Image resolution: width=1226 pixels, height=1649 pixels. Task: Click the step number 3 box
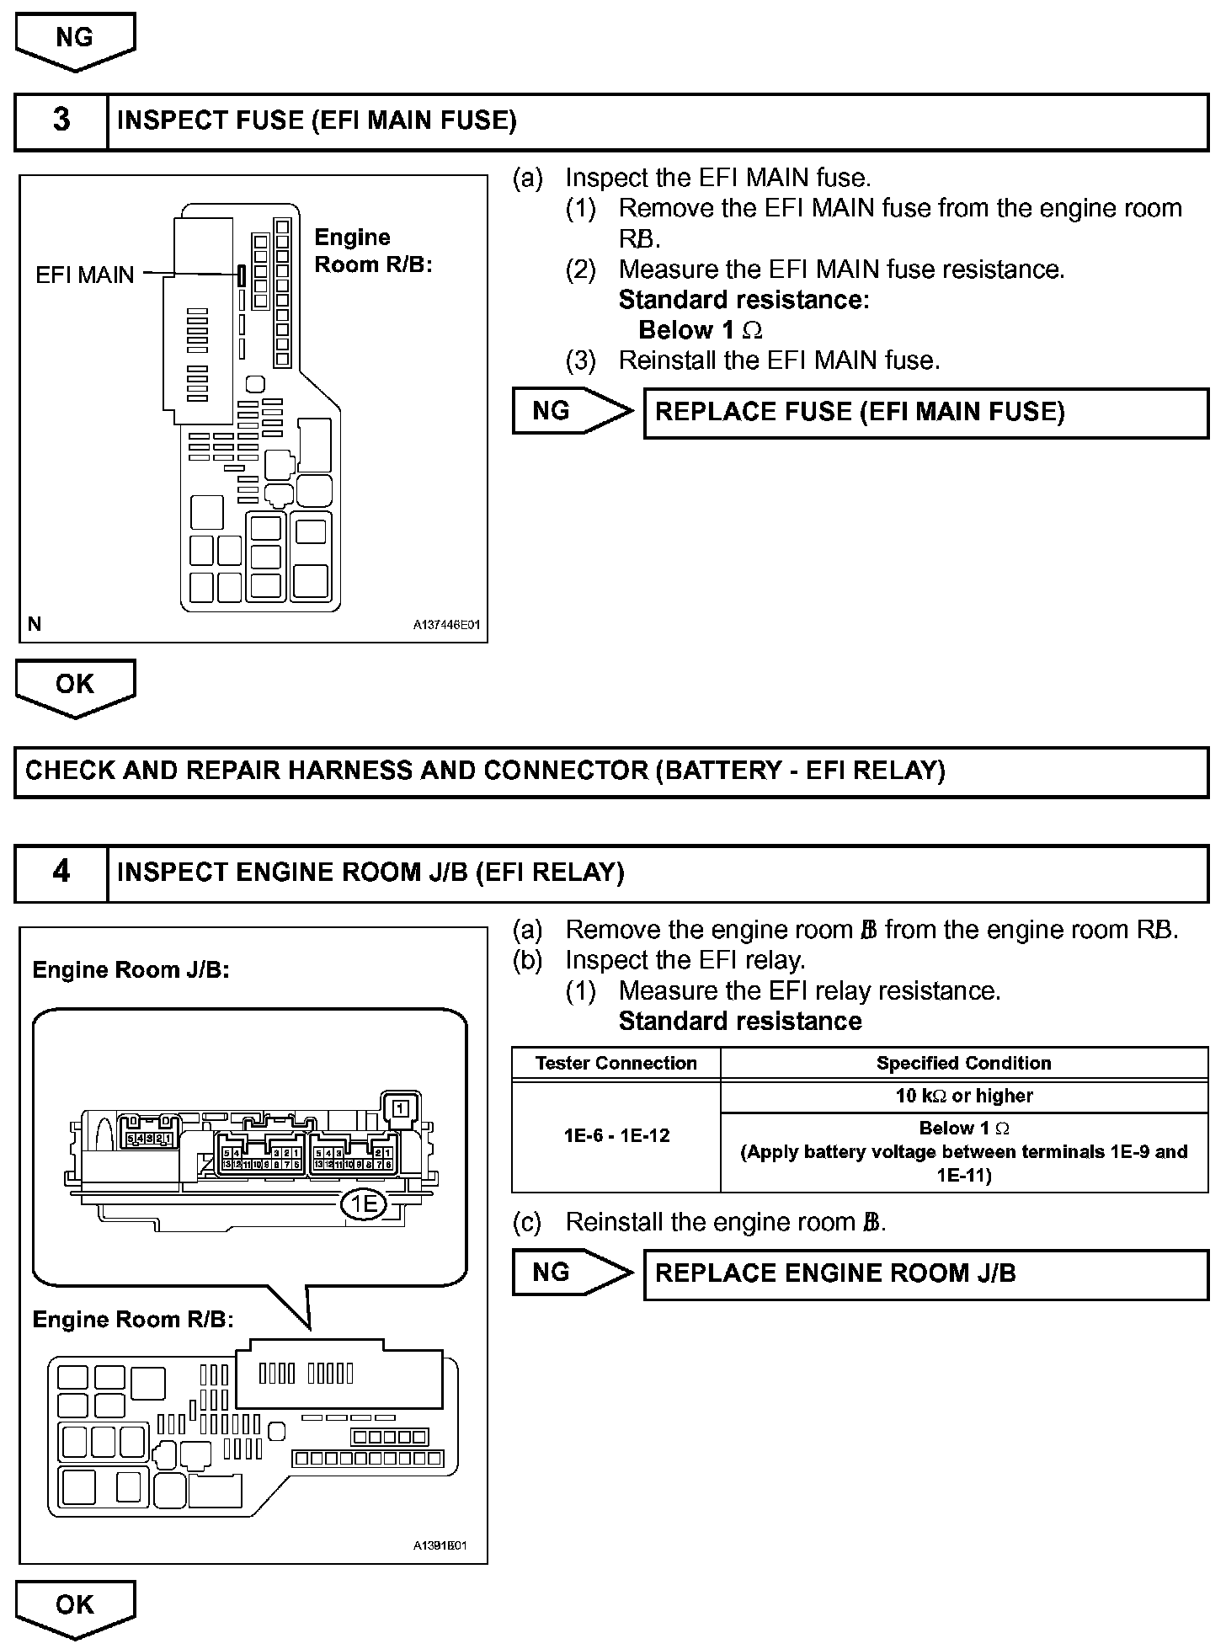point(61,120)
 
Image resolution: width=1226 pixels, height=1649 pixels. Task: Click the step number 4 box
point(61,873)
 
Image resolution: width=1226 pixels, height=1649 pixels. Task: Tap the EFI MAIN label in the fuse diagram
point(84,275)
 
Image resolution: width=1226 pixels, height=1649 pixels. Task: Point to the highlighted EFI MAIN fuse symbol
point(241,275)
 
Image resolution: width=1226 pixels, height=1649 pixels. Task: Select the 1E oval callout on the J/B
point(364,1205)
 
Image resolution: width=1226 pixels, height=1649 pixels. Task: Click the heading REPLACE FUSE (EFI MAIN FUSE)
point(860,412)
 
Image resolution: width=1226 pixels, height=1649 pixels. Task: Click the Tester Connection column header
point(616,1064)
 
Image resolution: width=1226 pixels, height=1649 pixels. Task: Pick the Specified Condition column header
point(963,1064)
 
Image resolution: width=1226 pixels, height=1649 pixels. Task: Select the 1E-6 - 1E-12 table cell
point(616,1135)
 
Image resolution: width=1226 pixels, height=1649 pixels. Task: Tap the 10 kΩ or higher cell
point(963,1097)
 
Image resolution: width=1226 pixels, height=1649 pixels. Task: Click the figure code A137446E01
point(446,626)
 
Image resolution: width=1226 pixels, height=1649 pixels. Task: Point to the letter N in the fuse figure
point(35,624)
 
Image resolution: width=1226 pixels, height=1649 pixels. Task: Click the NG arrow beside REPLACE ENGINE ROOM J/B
point(568,1273)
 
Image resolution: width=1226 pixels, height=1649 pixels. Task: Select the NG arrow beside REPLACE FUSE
point(568,411)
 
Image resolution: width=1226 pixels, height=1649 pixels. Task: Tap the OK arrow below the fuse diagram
point(75,686)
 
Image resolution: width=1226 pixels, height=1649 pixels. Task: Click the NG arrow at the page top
point(75,40)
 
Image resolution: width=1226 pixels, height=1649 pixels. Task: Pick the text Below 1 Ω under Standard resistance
point(701,330)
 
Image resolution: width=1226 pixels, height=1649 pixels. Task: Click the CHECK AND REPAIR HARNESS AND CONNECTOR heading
point(485,771)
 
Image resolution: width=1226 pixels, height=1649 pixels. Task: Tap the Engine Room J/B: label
point(131,970)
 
